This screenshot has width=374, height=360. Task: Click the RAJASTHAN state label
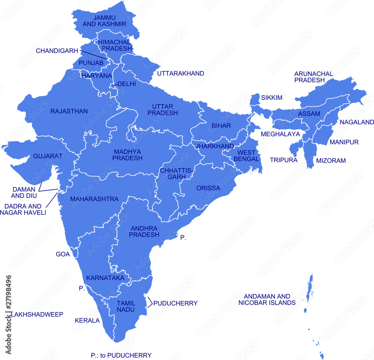click(69, 111)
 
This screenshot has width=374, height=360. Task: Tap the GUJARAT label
click(47, 156)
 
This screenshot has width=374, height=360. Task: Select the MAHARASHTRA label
click(94, 199)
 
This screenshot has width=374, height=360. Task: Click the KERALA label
click(87, 321)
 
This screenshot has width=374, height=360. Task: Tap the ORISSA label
click(208, 188)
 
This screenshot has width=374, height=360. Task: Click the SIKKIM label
click(272, 98)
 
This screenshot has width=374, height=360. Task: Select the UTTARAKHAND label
click(181, 73)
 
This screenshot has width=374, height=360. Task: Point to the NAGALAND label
click(357, 122)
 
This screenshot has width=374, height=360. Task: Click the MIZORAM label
click(331, 161)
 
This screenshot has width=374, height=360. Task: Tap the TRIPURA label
click(283, 160)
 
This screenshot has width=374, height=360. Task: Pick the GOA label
click(63, 254)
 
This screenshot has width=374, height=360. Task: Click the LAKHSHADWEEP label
click(37, 314)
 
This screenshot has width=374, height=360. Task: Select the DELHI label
click(126, 84)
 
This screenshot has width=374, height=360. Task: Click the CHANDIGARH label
click(57, 51)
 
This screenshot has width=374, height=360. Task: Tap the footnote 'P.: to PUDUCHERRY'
click(121, 355)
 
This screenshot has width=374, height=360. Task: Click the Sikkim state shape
click(254, 100)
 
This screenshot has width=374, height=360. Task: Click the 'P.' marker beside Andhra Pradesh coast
click(183, 237)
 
